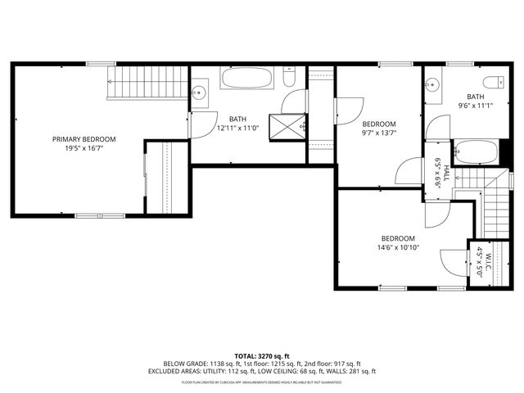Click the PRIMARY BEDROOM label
[x=84, y=139]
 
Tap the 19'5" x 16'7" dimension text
[x=84, y=149]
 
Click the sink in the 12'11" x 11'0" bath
[x=200, y=93]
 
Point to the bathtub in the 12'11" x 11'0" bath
[x=247, y=80]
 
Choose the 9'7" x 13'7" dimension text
[x=379, y=133]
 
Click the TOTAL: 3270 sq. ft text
[x=262, y=355]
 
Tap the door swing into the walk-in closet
[x=453, y=264]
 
